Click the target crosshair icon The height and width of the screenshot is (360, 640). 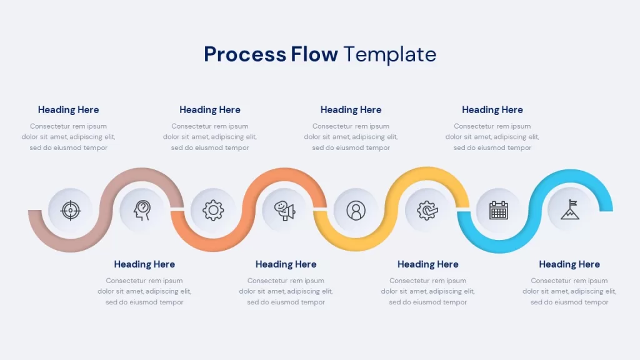click(70, 211)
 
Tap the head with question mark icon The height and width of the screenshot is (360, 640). click(142, 211)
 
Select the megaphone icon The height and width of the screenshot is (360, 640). click(285, 211)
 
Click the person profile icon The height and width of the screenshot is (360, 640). click(356, 211)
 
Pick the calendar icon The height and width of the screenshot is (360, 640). click(498, 210)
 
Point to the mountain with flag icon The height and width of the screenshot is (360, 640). click(570, 209)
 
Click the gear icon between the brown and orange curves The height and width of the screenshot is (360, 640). click(213, 211)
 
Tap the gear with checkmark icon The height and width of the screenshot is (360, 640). click(427, 211)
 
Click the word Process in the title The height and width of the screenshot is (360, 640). click(245, 54)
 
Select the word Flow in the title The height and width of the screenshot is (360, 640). click(314, 54)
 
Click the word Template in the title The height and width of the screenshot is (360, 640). click(390, 55)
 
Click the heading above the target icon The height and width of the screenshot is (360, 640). click(68, 110)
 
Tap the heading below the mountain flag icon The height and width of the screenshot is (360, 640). click(569, 264)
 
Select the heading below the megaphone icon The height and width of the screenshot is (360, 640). click(286, 264)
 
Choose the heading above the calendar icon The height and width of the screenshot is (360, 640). click(492, 110)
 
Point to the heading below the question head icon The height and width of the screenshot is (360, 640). click(144, 264)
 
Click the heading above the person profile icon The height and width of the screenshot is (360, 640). click(351, 110)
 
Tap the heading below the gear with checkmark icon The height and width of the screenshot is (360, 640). click(427, 264)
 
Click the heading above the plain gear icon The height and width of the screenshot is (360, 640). click(210, 110)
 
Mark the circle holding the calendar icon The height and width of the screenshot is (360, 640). click(498, 210)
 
